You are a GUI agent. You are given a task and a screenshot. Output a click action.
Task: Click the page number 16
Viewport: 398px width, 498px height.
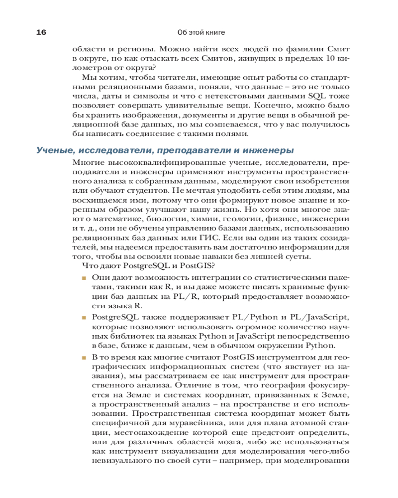click(x=41, y=32)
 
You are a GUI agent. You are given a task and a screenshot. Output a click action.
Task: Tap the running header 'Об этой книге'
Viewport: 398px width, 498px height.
click(x=201, y=32)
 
